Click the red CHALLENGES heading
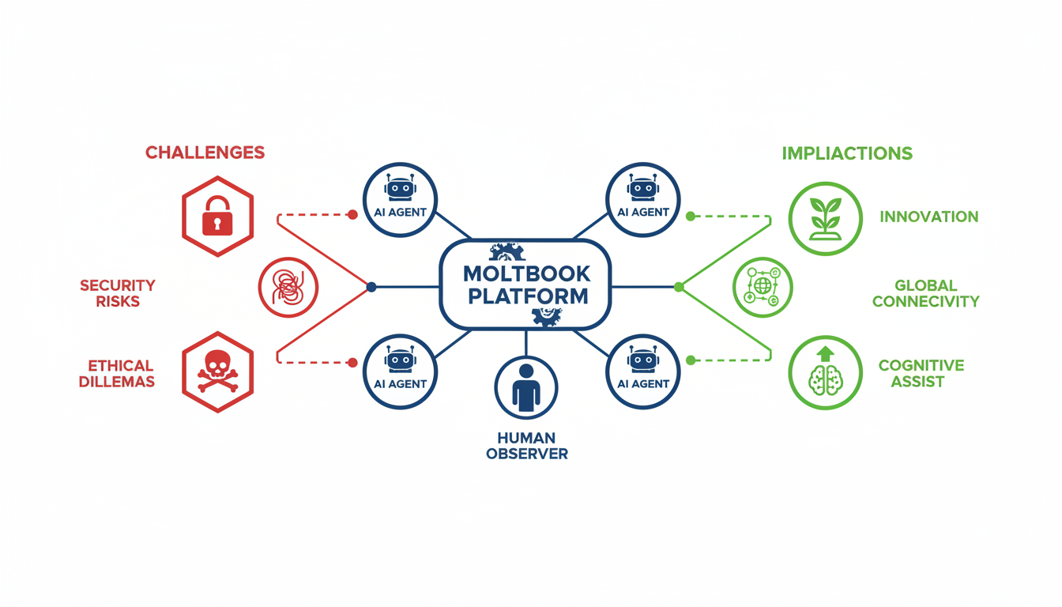[x=205, y=153]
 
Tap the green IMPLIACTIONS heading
[x=847, y=153]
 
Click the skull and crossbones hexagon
[x=217, y=370]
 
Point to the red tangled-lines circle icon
[x=288, y=287]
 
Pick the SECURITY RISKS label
[x=118, y=292]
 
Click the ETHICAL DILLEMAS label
[x=121, y=373]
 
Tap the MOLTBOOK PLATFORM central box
[x=526, y=285]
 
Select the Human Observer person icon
[x=526, y=387]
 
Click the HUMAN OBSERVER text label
[x=526, y=446]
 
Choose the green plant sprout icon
[x=826, y=218]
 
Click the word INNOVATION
[x=928, y=217]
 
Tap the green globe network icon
[x=762, y=287]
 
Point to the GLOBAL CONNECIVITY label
[x=925, y=292]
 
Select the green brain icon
[x=826, y=372]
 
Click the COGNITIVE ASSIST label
[x=921, y=373]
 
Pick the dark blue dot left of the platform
[x=371, y=287]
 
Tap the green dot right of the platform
[x=679, y=287]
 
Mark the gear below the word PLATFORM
[x=547, y=316]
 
